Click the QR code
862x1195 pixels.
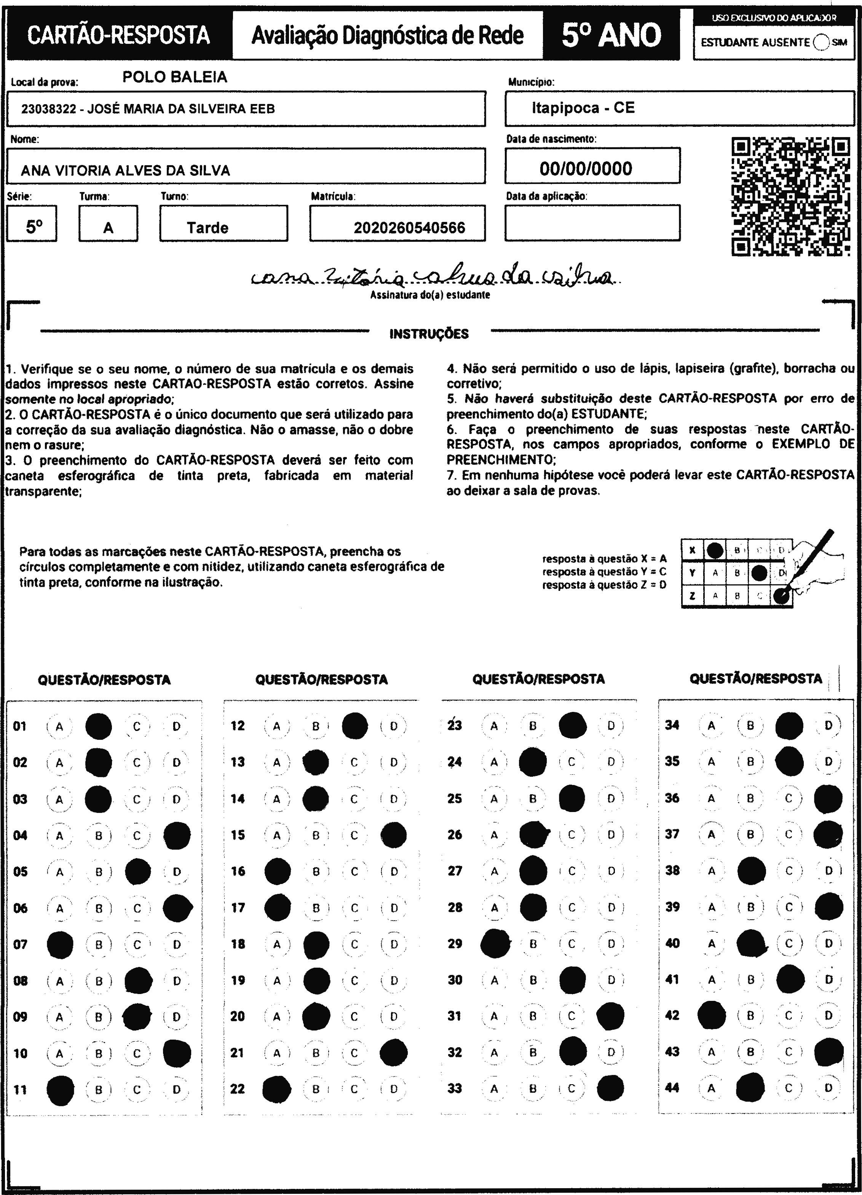click(790, 196)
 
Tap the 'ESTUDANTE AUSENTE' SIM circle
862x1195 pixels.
click(821, 42)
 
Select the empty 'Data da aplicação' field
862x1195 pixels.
click(592, 223)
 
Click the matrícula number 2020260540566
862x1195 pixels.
click(409, 228)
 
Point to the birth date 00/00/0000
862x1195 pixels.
click(585, 169)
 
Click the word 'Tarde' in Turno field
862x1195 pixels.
click(207, 228)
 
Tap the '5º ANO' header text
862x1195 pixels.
click(611, 35)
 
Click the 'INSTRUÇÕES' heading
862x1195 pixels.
click(428, 333)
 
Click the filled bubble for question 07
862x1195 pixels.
click(60, 944)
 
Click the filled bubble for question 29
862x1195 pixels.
click(495, 943)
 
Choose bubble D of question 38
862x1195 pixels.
click(828, 870)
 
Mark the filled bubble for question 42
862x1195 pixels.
click(711, 1015)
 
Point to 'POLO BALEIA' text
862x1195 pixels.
click(174, 77)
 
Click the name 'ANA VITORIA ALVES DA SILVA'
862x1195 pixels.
click(125, 171)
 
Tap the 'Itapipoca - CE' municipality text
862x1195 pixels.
click(583, 108)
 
